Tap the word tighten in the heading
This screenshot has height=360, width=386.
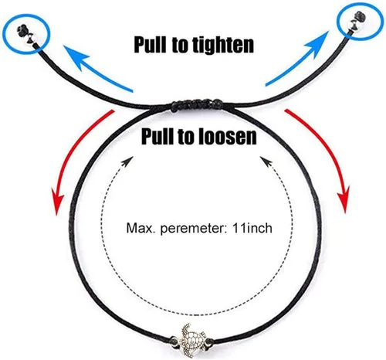coord(223,45)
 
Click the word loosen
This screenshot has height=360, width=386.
coord(228,137)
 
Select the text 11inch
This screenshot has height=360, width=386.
coord(252,228)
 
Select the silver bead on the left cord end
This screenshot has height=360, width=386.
coord(33,39)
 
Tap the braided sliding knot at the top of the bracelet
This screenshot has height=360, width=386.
coord(195,105)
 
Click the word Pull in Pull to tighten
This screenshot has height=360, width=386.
coord(150,45)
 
